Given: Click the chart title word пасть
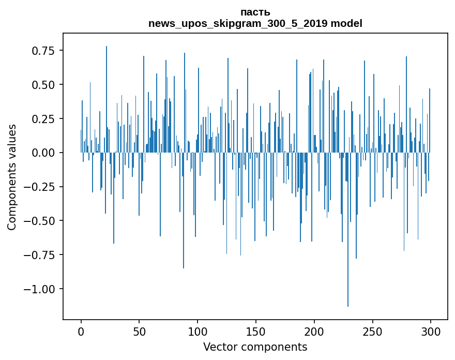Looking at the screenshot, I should point(255,12).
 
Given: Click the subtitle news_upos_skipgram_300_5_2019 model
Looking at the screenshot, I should point(255,23).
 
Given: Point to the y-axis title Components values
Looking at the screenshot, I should point(12,177).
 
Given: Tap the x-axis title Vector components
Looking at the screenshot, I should point(255,347).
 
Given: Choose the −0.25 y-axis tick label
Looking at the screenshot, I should point(39,187).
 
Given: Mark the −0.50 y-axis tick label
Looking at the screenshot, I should point(39,220).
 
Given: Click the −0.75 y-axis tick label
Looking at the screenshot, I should point(39,254).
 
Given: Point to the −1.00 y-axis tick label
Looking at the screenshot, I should point(39,289).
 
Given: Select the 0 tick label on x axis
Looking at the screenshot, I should point(81,332).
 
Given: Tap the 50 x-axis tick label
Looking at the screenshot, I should point(139,332).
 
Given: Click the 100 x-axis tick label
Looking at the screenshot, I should point(198,332).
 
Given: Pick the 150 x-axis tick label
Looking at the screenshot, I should point(256,332).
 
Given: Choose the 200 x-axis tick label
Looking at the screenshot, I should point(314,332).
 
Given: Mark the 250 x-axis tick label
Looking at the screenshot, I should point(372,332).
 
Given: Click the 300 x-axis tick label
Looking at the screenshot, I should point(431,332).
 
